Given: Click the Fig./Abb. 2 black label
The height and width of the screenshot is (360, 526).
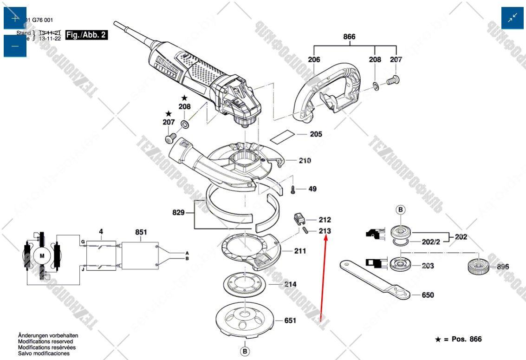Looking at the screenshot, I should [86, 35].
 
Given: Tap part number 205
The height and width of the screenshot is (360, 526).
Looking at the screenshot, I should [316, 135].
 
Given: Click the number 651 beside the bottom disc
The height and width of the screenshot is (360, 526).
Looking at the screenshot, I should [290, 321].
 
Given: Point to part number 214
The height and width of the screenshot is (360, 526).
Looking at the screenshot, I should [291, 284].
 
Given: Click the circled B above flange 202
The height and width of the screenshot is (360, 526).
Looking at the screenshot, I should [401, 210].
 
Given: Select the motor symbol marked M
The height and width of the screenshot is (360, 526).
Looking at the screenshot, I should [42, 256].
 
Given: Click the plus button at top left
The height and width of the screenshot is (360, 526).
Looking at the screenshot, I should [15, 18].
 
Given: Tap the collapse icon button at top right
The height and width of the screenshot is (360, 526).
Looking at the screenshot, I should [513, 18].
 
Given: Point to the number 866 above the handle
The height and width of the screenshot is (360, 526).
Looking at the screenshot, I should [349, 37].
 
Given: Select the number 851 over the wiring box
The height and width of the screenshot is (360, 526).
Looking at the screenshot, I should [141, 232].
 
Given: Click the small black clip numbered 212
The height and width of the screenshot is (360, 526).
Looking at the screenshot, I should [299, 217].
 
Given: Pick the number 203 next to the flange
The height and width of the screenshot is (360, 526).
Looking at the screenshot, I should [428, 266].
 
